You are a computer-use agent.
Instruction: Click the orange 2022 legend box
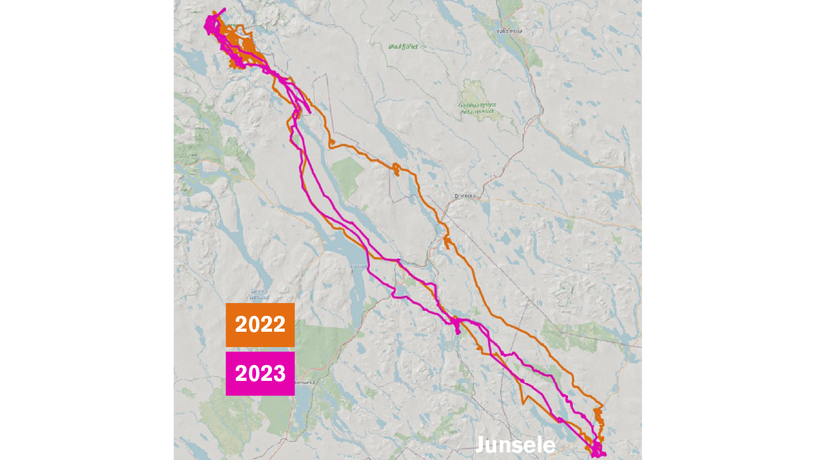(x=260, y=325)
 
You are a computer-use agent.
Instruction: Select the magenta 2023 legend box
(x=260, y=373)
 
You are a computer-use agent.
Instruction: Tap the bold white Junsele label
(x=515, y=445)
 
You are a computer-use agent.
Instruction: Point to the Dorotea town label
(x=465, y=196)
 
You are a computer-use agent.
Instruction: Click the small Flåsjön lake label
(x=359, y=266)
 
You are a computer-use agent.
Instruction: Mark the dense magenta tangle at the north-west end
(x=211, y=24)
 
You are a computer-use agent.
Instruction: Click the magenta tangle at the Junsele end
(x=598, y=450)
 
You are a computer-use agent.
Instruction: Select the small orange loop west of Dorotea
(x=396, y=169)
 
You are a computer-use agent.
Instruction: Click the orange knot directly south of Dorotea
(x=447, y=242)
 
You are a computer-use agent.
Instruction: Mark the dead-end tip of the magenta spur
(x=310, y=113)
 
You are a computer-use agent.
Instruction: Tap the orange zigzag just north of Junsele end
(x=598, y=418)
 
